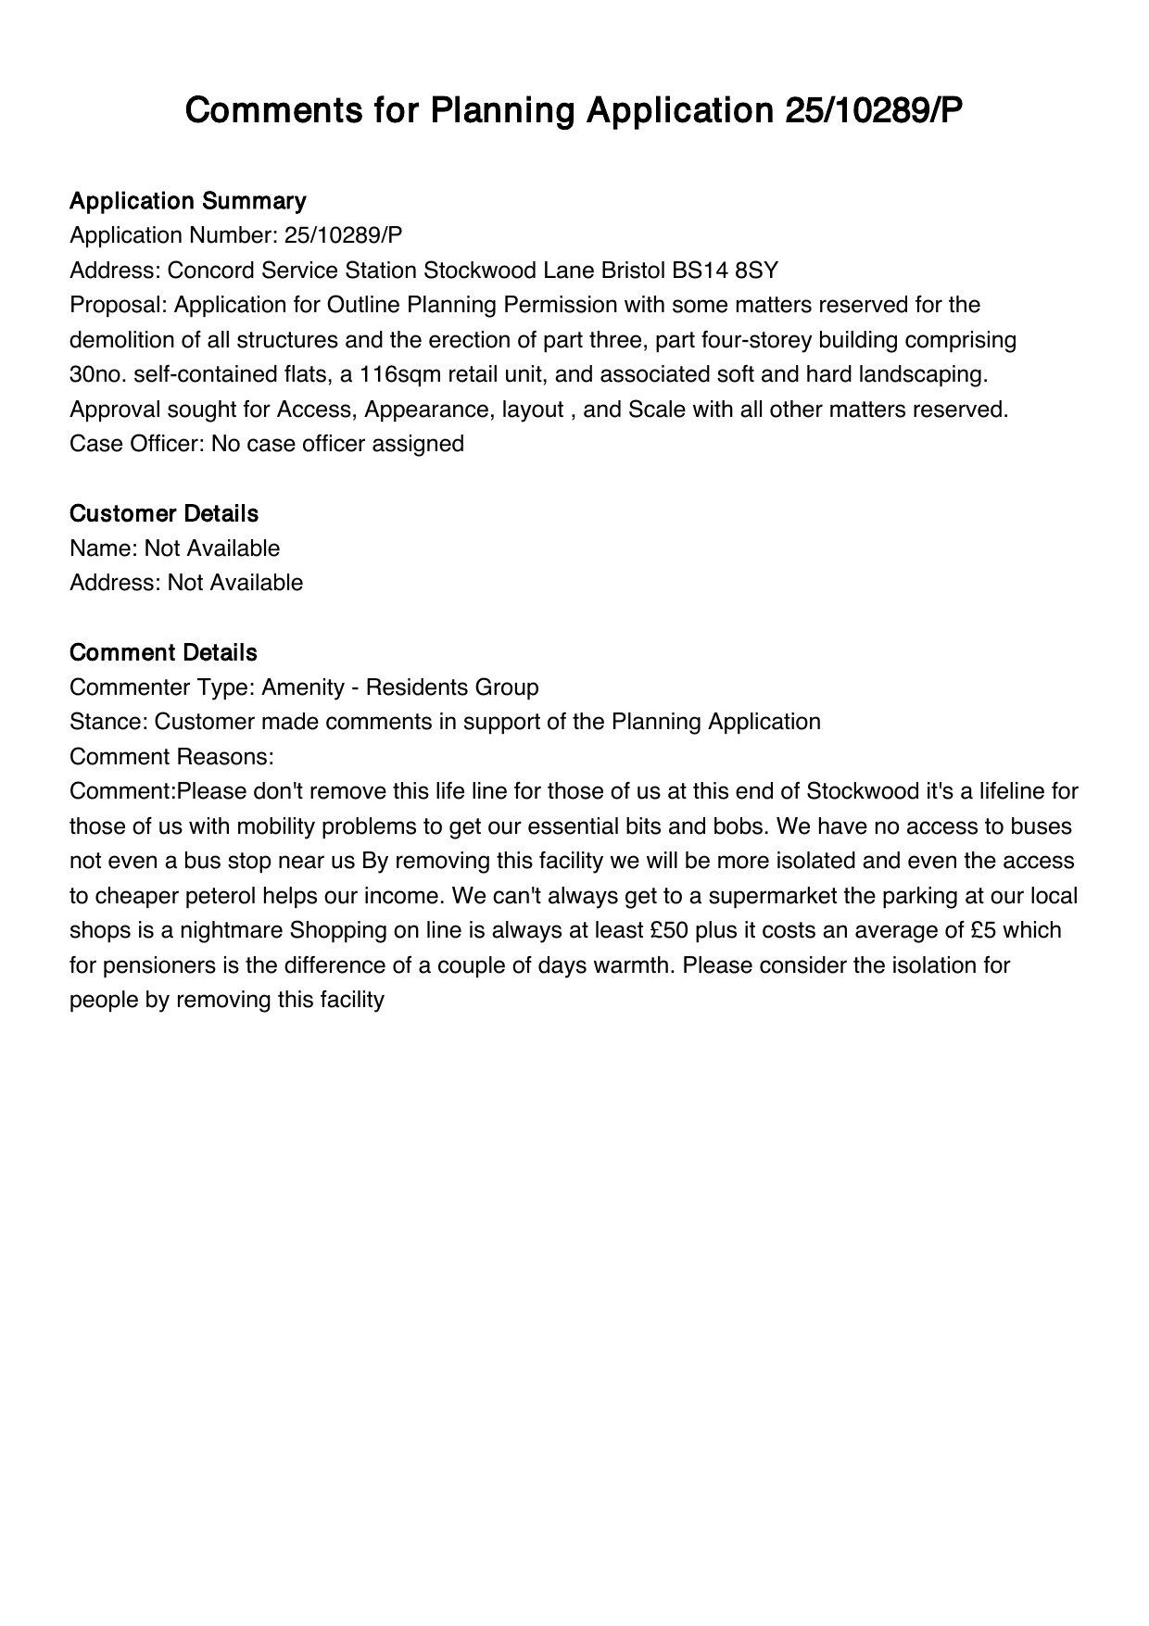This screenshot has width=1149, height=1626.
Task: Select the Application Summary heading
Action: click(187, 201)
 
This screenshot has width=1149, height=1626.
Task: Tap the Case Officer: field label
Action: click(137, 444)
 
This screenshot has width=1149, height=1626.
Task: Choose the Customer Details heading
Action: click(164, 513)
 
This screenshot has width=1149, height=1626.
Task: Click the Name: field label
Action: click(104, 548)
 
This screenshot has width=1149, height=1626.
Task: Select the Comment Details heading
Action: click(163, 652)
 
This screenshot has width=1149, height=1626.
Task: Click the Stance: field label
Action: click(108, 722)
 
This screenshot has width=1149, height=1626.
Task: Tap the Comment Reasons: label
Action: click(171, 757)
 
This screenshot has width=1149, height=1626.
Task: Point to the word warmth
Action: click(632, 965)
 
